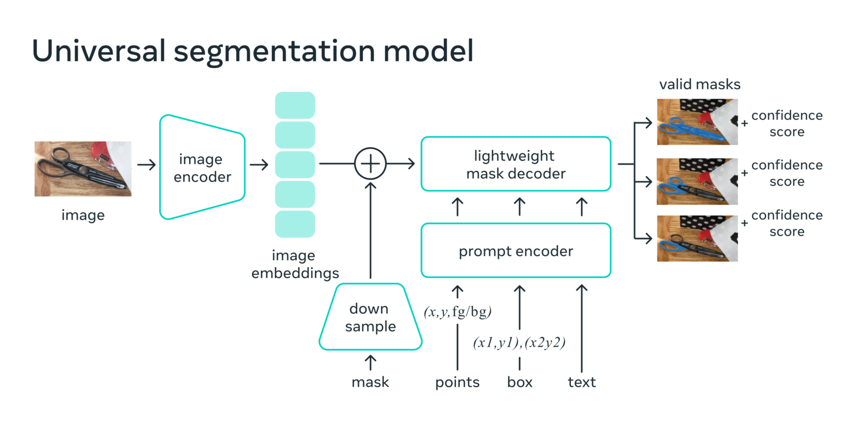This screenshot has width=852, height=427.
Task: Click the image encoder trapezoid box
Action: coord(201,167)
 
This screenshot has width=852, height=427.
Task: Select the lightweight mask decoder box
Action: coord(515,165)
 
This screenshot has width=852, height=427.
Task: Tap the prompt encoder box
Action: coord(515,251)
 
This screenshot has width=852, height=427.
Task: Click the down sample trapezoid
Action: coord(370,317)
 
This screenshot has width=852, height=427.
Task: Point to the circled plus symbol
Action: coord(370,164)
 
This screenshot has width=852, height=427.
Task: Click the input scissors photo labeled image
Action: coord(83,169)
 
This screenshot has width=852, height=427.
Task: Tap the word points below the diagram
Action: coord(457,382)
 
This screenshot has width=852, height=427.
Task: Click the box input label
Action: coord(520,382)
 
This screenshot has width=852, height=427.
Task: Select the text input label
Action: coord(582,382)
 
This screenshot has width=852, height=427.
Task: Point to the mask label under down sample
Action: coord(370,382)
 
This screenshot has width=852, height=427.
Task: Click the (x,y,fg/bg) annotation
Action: coord(458,312)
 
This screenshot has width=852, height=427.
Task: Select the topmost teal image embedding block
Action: coord(295,105)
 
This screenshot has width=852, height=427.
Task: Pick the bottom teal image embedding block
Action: coord(295,224)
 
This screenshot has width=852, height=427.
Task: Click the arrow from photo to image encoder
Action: coord(146,165)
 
